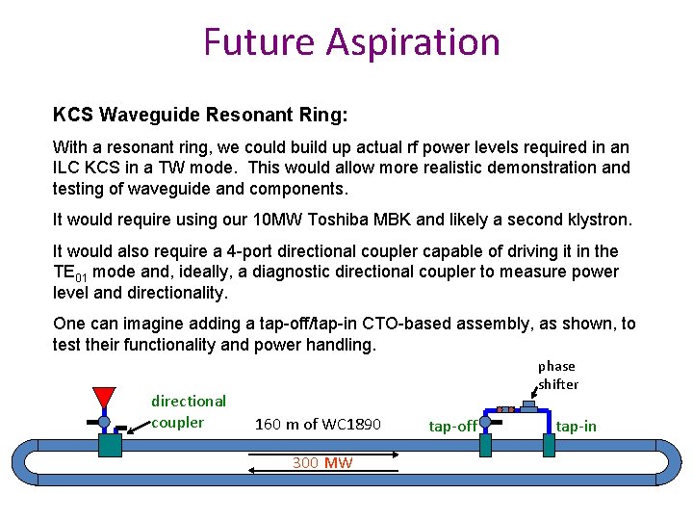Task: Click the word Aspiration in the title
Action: [x=413, y=42]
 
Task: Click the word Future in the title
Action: [x=259, y=42]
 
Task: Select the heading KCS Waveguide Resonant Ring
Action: [x=200, y=115]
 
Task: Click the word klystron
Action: [x=597, y=220]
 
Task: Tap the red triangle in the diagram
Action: [x=104, y=397]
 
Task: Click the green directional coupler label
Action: [x=189, y=411]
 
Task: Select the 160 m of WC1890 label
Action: [x=318, y=424]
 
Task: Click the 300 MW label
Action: [x=322, y=462]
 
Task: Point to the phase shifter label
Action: [x=558, y=375]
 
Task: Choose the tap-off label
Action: [x=452, y=426]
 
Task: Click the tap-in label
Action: [x=577, y=426]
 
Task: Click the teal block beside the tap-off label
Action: [x=485, y=444]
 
